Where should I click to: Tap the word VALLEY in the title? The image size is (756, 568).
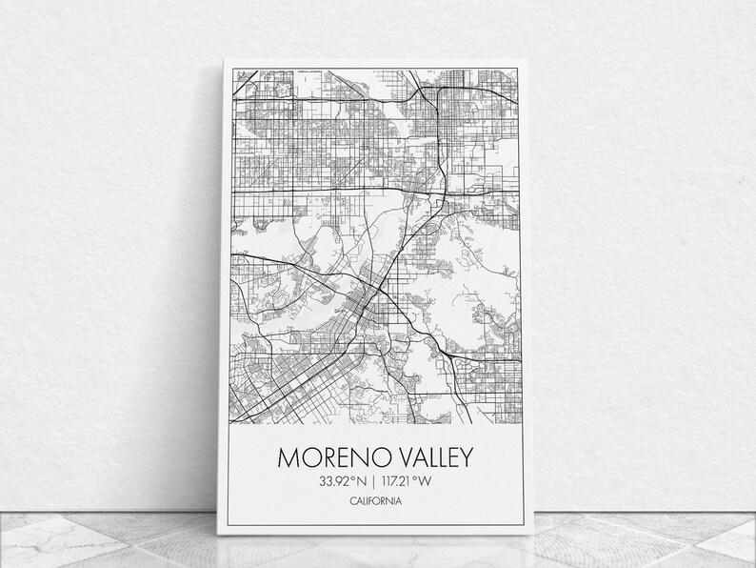click(428, 457)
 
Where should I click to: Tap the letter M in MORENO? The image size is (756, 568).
click(288, 457)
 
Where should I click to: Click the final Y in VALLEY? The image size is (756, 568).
click(466, 457)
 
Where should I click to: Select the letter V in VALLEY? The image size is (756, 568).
click(391, 457)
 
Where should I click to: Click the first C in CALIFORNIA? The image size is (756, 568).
click(353, 501)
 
